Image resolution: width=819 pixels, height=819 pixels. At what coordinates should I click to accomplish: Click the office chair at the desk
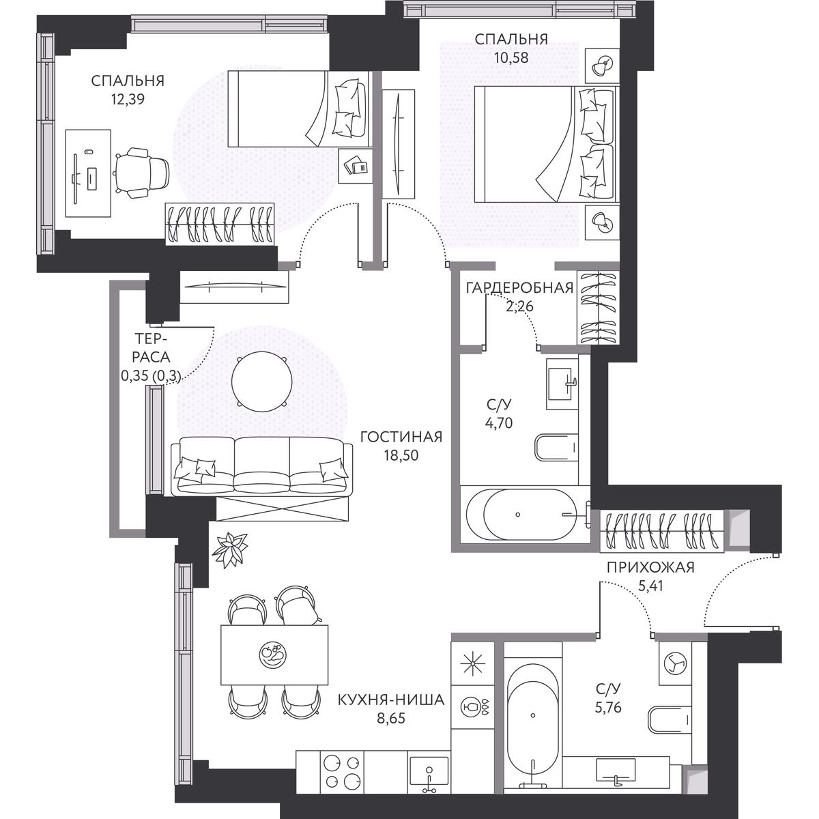click(x=142, y=173)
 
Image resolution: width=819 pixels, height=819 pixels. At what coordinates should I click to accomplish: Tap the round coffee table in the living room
click(x=262, y=382)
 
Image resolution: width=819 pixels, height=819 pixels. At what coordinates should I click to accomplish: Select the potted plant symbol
click(x=229, y=549)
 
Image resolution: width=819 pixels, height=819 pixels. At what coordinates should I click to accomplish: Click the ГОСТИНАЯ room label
click(x=401, y=437)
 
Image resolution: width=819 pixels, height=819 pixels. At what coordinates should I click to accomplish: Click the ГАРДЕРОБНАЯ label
click(x=520, y=288)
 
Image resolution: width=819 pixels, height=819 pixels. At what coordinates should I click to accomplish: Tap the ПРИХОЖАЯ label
click(x=650, y=567)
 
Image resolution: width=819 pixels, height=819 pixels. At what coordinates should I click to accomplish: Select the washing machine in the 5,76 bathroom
click(x=675, y=670)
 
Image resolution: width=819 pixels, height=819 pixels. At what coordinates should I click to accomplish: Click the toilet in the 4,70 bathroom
click(x=556, y=448)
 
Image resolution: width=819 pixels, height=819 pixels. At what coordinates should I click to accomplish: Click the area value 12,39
click(x=128, y=100)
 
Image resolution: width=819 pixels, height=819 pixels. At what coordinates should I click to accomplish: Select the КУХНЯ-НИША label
click(x=391, y=700)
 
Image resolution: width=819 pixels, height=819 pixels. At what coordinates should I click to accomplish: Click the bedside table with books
click(x=356, y=166)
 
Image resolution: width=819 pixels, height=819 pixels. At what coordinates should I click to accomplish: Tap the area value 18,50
click(x=401, y=456)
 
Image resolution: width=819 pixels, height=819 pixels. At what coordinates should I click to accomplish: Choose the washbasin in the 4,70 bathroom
click(x=562, y=384)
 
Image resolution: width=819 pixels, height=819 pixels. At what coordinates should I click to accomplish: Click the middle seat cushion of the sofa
click(x=262, y=466)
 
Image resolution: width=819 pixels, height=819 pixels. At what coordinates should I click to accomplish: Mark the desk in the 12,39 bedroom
click(x=88, y=173)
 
